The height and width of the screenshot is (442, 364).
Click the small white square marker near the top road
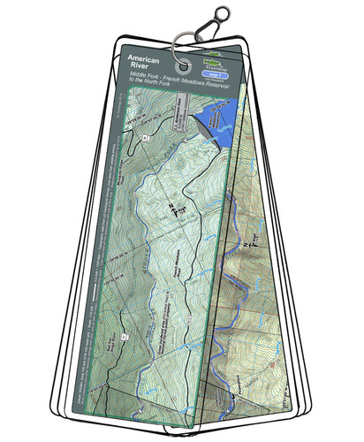146,139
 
